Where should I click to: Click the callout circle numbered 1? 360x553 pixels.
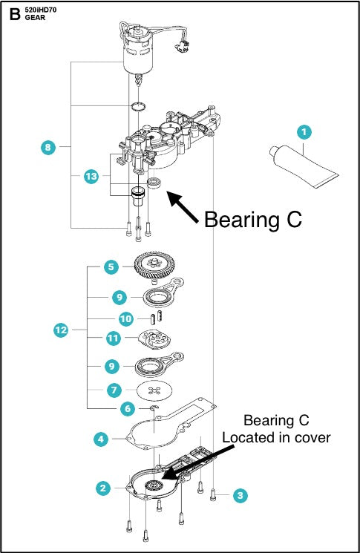[x=302, y=133]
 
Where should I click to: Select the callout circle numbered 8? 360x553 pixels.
[x=48, y=148]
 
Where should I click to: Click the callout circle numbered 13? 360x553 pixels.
[x=91, y=177]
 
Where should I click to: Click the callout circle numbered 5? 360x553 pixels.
[x=110, y=266]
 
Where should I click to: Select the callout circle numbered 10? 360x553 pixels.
[x=126, y=318]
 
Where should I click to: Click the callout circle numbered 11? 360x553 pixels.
[x=113, y=338]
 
